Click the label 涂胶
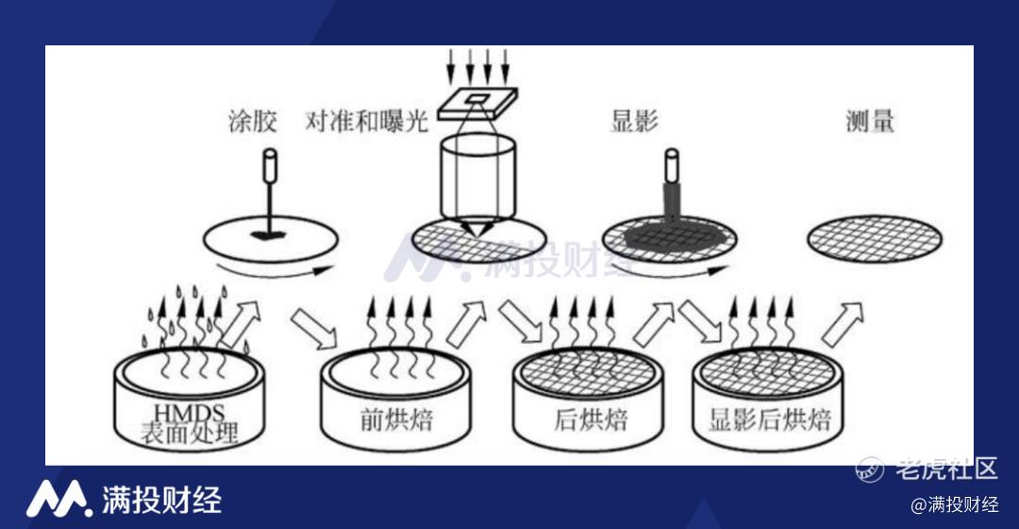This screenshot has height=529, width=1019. tap(253, 121)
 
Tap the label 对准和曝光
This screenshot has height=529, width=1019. tap(367, 121)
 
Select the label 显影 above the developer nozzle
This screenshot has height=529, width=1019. tap(634, 121)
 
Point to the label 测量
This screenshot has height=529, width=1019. tap(870, 121)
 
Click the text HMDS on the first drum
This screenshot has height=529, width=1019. tap(189, 413)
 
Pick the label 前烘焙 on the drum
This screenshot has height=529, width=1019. tap(396, 419)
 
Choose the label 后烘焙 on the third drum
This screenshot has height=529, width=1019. tap(590, 419)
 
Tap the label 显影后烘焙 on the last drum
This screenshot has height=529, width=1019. tap(770, 419)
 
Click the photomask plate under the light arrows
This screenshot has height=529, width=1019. tap(477, 103)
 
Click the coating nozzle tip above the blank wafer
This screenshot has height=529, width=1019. tap(270, 165)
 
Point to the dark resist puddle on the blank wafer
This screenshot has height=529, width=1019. tap(270, 233)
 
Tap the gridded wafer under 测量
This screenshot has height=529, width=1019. tap(875, 239)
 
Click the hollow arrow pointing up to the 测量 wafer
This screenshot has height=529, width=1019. tap(843, 324)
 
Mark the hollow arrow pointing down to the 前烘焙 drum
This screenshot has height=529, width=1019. tap(313, 328)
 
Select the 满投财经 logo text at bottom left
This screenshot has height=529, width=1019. tap(162, 500)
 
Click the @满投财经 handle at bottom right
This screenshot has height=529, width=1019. tap(955, 504)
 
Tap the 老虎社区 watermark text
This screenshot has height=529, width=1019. tap(946, 468)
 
